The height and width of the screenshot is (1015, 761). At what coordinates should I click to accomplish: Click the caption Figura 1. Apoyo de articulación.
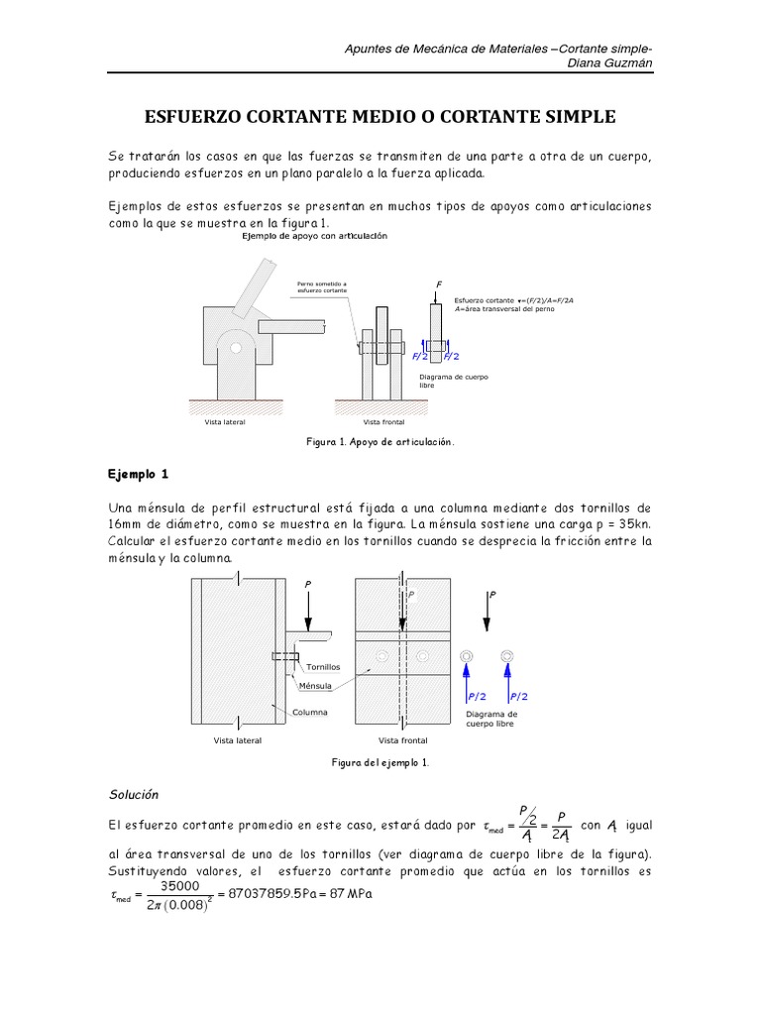coord(381,441)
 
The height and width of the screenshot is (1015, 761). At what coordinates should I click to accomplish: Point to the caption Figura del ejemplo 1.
coord(380,762)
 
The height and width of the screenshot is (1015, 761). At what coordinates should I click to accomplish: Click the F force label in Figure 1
coord(438,284)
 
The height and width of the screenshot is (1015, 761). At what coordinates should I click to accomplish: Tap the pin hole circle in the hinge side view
coord(232,348)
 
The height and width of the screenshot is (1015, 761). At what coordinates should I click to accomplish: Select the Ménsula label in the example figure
coord(315,685)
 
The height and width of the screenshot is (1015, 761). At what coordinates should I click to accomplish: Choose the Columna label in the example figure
coord(310,712)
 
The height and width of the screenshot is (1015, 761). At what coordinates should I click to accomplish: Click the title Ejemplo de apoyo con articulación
coord(313,237)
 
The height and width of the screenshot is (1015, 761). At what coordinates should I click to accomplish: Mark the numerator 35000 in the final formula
coord(180,886)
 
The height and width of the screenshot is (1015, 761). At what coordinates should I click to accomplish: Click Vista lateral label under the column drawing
coord(238,740)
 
